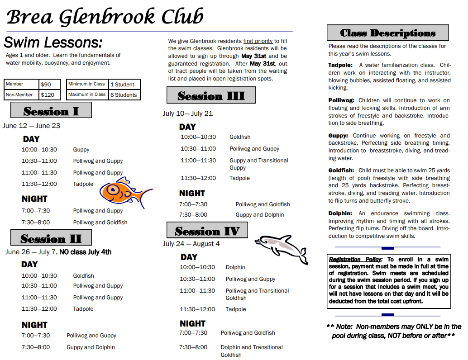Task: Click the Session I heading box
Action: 51,110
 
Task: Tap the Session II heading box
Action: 51,238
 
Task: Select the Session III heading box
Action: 211,95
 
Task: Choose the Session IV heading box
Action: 207,231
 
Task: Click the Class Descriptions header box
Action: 387,33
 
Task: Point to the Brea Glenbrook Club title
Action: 105,17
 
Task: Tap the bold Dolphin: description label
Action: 340,213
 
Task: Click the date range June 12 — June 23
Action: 31,126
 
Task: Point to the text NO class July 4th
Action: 85,252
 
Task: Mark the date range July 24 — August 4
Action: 191,244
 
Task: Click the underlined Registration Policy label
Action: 356,260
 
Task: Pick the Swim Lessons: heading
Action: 53,43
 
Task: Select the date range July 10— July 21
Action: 188,114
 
